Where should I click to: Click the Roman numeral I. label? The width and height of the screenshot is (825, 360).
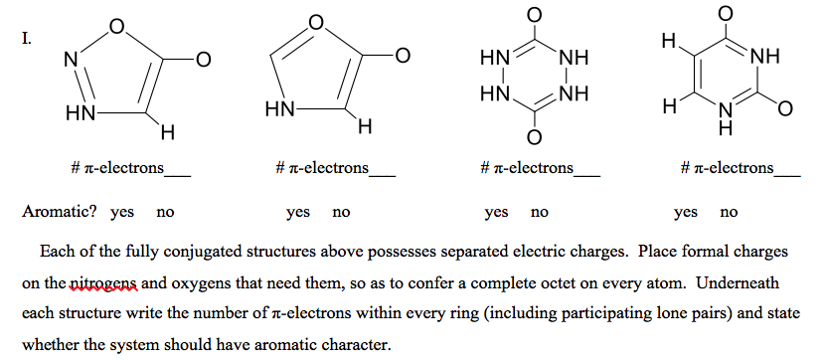[x=28, y=40]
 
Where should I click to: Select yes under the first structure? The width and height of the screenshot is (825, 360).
[x=122, y=212]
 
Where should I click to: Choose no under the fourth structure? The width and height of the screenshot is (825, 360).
[x=729, y=212]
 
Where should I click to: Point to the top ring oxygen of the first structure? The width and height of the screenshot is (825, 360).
[x=117, y=27]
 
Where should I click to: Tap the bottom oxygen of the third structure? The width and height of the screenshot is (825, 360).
[x=533, y=135]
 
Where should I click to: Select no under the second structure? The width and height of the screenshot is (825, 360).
[x=341, y=212]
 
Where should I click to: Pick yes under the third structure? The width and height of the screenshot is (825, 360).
[x=496, y=212]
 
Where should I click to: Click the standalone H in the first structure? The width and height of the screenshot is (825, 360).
[x=168, y=129]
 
